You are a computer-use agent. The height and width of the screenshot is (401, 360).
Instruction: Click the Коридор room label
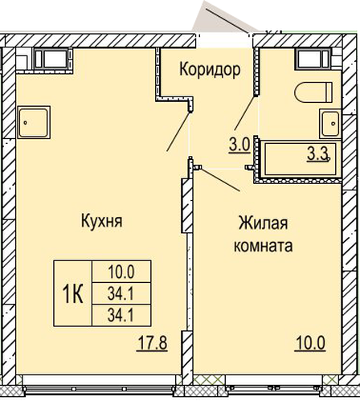coord(210,70)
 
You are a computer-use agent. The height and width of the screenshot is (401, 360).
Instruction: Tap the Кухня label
coord(101,222)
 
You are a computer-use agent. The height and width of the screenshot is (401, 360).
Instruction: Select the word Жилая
coord(264,223)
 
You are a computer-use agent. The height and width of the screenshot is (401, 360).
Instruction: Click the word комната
coord(264,246)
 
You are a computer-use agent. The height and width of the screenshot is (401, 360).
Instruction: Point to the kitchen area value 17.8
coord(152,343)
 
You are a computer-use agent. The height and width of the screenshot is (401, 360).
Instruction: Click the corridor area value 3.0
coord(239,145)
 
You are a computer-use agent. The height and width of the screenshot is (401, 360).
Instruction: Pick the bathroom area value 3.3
coord(318,153)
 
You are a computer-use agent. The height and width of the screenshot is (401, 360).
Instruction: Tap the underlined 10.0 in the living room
coord(310,343)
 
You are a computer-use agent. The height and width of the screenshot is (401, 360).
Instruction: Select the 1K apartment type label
coord(72,293)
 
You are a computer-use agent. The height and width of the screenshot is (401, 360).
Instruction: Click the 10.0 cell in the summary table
coord(121,272)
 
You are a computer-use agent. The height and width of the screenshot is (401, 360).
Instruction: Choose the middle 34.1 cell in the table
coord(121,294)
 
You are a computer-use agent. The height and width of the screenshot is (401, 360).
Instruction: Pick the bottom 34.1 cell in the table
coord(121,316)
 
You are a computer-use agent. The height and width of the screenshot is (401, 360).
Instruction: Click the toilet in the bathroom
coord(313,92)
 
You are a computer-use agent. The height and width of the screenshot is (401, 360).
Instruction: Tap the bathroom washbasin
coord(330,124)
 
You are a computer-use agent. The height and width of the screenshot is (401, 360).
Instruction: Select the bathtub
coord(301,159)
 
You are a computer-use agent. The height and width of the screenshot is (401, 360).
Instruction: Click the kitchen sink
coord(34,122)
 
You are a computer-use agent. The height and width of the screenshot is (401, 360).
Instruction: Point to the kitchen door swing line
coord(178,132)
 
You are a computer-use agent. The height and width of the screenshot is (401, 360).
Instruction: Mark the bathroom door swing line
coord(244,113)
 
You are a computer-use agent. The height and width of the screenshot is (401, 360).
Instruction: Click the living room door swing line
coord(220,180)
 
